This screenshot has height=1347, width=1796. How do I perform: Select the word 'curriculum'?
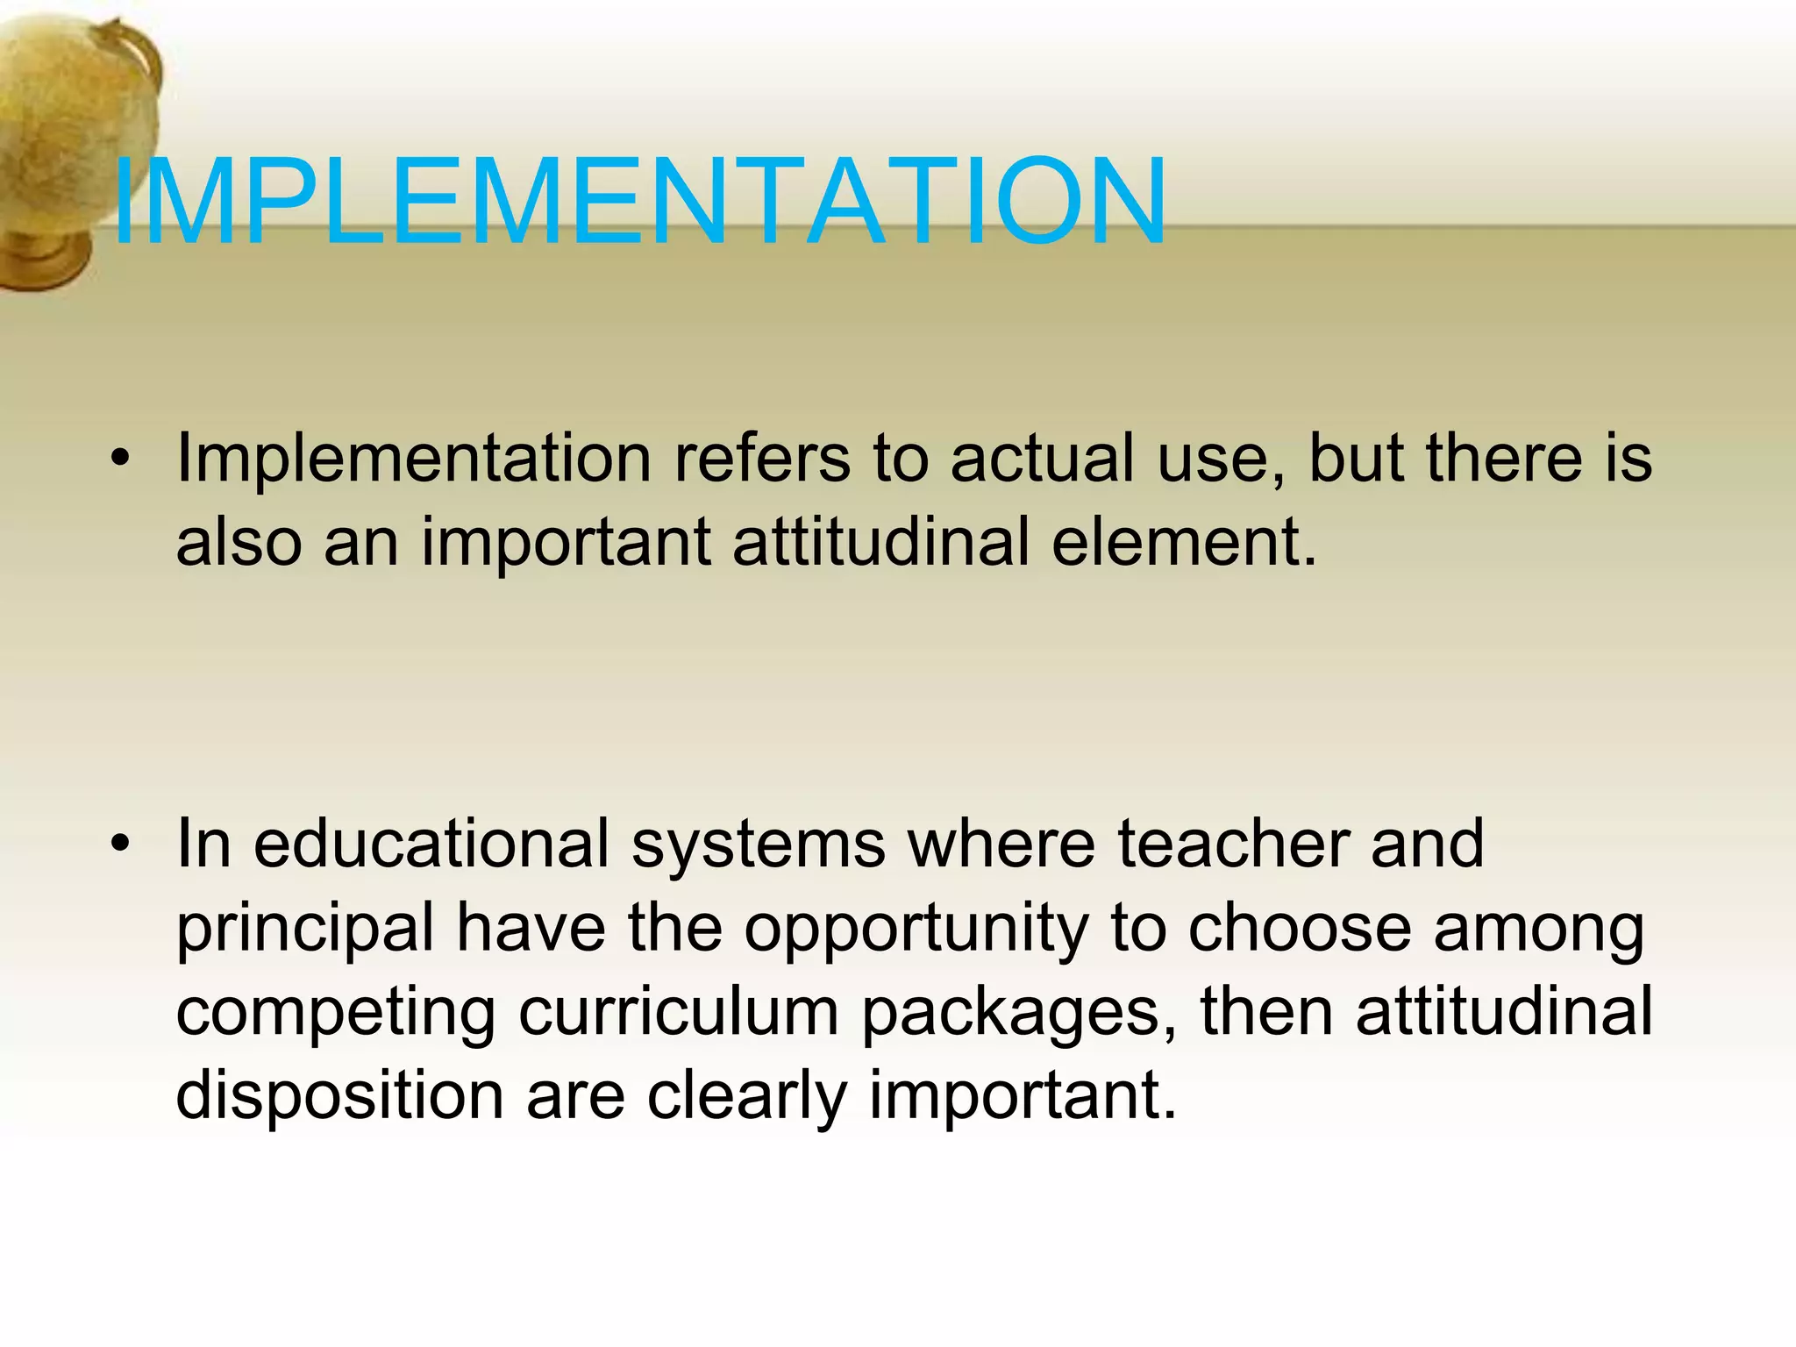679,1012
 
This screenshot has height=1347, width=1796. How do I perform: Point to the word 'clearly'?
746,1096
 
